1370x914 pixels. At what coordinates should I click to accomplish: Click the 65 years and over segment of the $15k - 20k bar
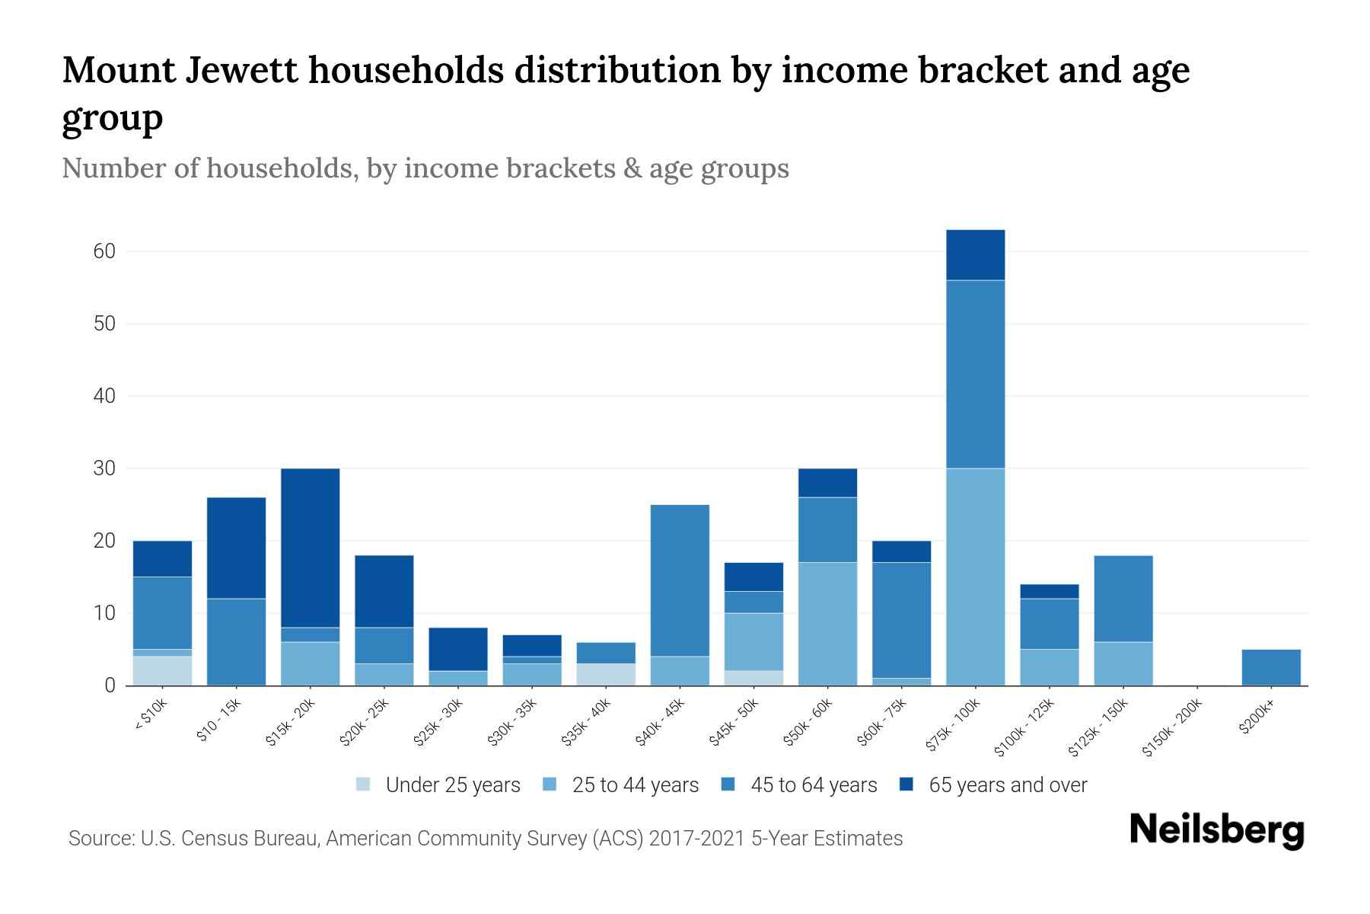[310, 548]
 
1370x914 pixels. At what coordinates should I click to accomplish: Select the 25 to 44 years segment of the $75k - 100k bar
[975, 577]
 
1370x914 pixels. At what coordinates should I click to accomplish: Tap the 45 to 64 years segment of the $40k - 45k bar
[680, 580]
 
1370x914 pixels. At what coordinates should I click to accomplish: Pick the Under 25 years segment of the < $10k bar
[162, 670]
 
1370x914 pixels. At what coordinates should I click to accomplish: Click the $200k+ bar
[1271, 667]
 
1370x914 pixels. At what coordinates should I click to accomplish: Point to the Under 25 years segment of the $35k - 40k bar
[606, 674]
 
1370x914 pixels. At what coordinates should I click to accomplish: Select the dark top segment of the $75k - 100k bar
[975, 255]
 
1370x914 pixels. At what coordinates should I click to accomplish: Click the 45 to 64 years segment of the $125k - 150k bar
[1123, 599]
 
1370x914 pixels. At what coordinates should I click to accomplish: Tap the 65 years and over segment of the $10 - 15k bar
[236, 548]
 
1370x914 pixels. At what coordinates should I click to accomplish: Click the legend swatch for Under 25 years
[364, 785]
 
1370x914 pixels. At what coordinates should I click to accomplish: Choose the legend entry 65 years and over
[1007, 785]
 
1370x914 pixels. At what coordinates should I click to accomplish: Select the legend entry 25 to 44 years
[635, 785]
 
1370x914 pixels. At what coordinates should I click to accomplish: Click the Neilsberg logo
[1216, 830]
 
